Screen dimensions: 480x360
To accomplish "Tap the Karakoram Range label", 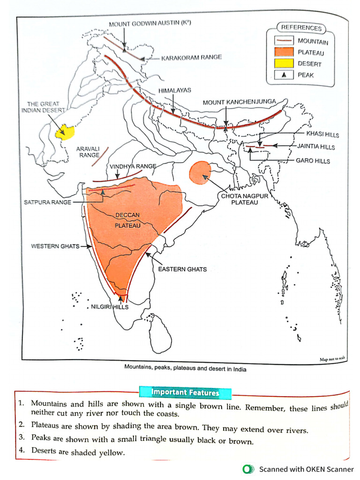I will click(x=191, y=58).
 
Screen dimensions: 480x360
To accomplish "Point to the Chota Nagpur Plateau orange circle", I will click(x=200, y=171).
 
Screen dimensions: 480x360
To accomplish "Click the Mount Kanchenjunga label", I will click(x=239, y=102).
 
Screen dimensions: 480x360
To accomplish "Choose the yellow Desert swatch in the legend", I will click(x=282, y=63).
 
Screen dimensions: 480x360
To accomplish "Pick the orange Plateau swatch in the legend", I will click(x=282, y=52).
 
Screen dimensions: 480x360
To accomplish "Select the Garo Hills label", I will click(x=313, y=161).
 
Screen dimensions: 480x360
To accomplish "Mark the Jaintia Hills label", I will click(x=316, y=147).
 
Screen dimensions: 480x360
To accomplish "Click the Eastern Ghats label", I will click(x=182, y=269).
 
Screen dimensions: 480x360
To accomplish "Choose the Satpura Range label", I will click(x=48, y=202).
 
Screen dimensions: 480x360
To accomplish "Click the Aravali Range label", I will click(x=88, y=151).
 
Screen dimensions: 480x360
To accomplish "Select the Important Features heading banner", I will click(x=185, y=392).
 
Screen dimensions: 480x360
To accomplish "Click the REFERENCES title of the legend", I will click(x=301, y=28).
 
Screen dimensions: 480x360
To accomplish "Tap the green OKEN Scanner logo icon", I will click(x=247, y=469).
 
